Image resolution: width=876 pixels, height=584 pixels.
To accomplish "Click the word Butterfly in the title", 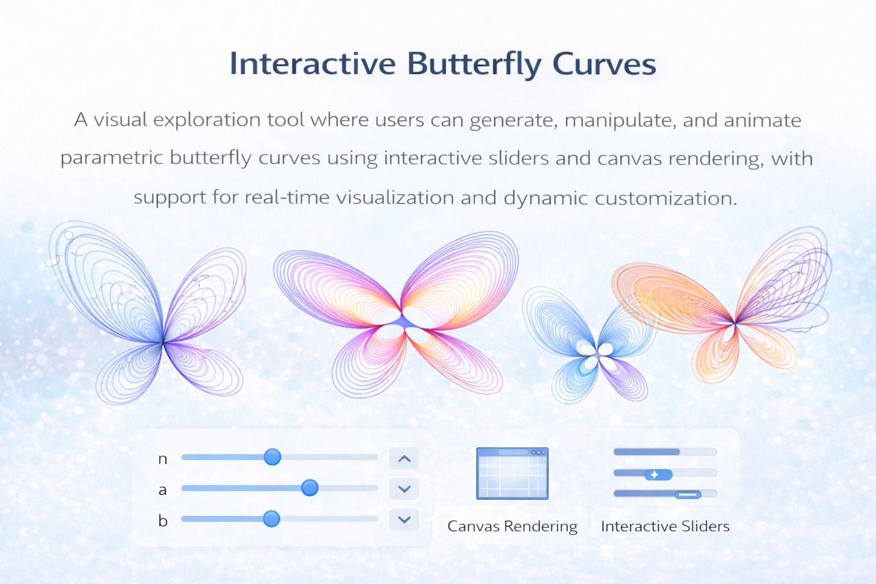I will (474, 64).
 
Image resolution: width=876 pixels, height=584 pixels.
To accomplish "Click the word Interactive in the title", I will (313, 64).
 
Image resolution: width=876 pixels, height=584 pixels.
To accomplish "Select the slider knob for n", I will (273, 457).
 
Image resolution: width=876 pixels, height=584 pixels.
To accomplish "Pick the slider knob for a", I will (310, 488).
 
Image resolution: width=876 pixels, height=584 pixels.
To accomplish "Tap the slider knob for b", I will (271, 518).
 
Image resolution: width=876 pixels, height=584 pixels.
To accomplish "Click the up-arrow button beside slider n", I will (404, 459).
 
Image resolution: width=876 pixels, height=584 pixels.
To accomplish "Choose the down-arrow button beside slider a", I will (404, 489).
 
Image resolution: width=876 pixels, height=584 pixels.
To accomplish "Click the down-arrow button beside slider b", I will (404, 520).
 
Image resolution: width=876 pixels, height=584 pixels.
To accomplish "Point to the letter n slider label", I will (163, 459).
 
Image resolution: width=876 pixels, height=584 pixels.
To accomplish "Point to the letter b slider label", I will (163, 521).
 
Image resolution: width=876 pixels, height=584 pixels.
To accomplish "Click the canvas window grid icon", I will (512, 473).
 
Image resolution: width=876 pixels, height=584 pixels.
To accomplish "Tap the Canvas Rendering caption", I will (512, 526).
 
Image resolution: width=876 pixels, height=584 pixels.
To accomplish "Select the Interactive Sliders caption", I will (665, 526).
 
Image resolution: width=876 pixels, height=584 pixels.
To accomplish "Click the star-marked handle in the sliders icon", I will (658, 474).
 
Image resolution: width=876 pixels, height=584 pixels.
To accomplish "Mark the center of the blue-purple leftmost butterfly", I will (163, 342).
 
